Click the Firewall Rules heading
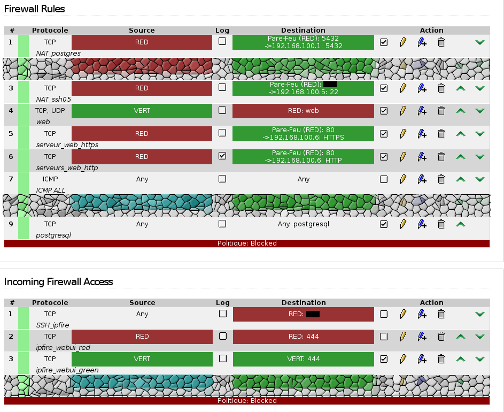pyautogui.click(x=35, y=9)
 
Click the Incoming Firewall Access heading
pyautogui.click(x=59, y=281)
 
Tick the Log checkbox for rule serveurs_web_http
pyautogui.click(x=222, y=156)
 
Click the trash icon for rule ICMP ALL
pyautogui.click(x=441, y=179)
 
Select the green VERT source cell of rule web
pyautogui.click(x=142, y=111)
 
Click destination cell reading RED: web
pyautogui.click(x=303, y=111)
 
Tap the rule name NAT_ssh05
pyautogui.click(x=53, y=99)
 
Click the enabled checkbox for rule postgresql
pyautogui.click(x=384, y=224)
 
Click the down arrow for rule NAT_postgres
pyautogui.click(x=480, y=42)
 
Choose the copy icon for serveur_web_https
pyautogui.click(x=422, y=134)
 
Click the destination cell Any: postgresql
pyautogui.click(x=303, y=224)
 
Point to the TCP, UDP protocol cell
pyautogui.click(x=50, y=111)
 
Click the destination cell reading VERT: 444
pyautogui.click(x=303, y=359)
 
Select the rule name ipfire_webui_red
pyautogui.click(x=63, y=347)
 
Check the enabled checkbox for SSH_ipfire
pyautogui.click(x=384, y=314)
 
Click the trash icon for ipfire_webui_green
pyautogui.click(x=441, y=359)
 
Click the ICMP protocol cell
pyautogui.click(x=50, y=179)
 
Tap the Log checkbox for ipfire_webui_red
pyautogui.click(x=222, y=337)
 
